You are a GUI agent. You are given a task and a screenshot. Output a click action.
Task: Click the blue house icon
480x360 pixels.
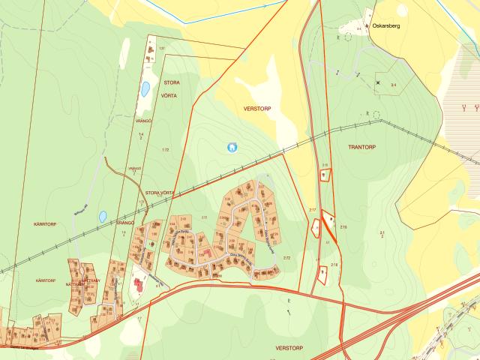coord(232,147)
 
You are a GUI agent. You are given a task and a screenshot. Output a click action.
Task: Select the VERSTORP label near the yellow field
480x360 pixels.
coord(256,109)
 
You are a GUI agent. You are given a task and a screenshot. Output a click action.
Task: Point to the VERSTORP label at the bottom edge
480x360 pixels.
coord(288,349)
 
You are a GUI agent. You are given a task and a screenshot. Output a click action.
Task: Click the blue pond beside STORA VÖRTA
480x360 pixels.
coord(145,90)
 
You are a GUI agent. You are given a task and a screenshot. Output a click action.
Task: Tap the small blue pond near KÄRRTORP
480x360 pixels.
coord(102,217)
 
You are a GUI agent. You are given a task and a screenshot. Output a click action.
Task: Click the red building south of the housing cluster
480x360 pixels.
coord(138,286)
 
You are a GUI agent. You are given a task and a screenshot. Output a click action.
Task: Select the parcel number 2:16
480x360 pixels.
coord(343,226)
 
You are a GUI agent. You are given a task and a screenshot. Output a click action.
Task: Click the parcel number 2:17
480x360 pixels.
coord(313,210)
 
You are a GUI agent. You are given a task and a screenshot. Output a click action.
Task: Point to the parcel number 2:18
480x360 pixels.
coord(334,265)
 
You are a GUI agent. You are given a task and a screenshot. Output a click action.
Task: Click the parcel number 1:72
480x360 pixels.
coord(166,151)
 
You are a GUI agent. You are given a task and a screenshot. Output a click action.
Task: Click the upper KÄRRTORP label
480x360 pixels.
coord(46,224)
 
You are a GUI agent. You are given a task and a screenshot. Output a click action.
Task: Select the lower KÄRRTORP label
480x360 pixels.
coord(46,280)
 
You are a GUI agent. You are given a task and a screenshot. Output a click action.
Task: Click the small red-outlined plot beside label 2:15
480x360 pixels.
coord(325,175)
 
